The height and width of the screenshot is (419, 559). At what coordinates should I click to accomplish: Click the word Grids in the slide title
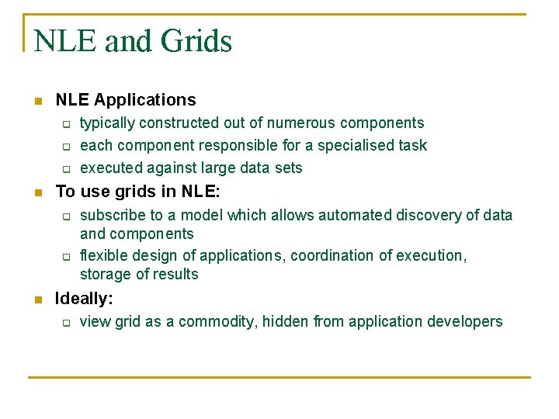196,41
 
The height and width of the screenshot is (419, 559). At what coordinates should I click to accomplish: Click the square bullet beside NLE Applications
36,101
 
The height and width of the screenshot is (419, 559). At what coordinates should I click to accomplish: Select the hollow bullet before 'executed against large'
67,169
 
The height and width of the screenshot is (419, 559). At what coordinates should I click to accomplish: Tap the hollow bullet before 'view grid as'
67,323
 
